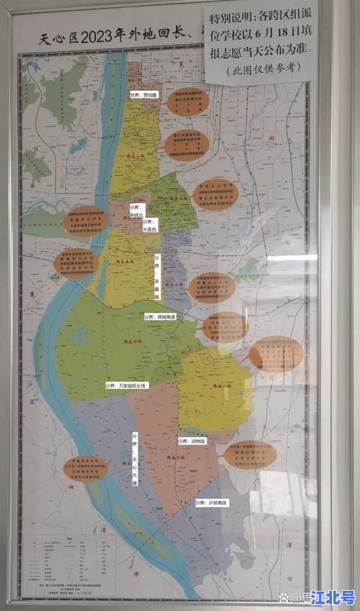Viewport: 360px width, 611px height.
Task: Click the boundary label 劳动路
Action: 143,94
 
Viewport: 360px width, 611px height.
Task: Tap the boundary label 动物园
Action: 192,440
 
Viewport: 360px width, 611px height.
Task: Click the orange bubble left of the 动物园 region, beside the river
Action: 79,468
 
